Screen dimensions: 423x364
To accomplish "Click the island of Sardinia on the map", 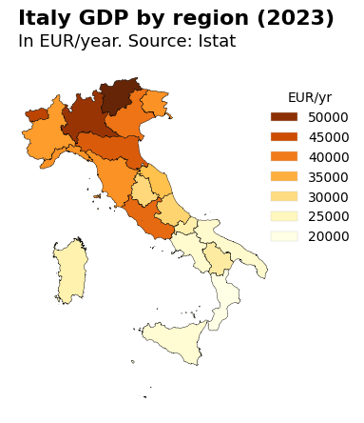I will click(x=70, y=270).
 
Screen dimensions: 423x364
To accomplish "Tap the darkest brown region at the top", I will click(x=116, y=96).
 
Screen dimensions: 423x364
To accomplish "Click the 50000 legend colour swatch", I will click(x=284, y=117).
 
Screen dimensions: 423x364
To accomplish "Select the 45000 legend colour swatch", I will click(x=284, y=137).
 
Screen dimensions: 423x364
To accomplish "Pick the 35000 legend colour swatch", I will click(x=284, y=177).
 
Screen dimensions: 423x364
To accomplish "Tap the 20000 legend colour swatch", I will click(x=284, y=236).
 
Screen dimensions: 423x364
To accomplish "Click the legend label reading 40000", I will click(x=329, y=157).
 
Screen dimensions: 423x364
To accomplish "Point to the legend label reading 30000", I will click(x=329, y=197).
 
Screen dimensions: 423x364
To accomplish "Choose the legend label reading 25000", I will click(x=329, y=217).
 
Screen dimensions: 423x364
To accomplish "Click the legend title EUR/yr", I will click(x=310, y=97).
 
